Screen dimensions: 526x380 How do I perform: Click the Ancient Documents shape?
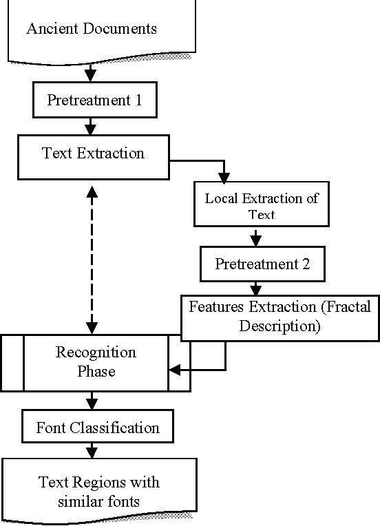point(91,30)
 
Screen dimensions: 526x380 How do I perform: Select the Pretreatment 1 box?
point(94,100)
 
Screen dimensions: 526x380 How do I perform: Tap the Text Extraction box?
point(93,154)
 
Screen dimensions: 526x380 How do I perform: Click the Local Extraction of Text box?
point(261,205)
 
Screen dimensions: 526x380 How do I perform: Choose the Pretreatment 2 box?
point(262,264)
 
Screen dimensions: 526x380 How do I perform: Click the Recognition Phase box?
point(96,362)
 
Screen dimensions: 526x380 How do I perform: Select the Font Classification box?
point(97,428)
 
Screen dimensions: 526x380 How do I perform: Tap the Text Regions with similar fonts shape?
point(98,492)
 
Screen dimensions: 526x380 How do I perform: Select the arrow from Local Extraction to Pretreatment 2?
point(256,238)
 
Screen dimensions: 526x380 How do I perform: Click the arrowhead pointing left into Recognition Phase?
point(174,370)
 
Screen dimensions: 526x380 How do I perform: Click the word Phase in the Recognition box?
point(96,372)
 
